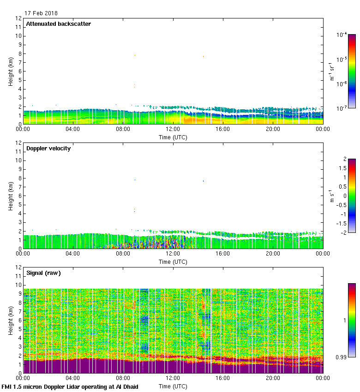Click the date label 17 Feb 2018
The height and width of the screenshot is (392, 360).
click(41, 13)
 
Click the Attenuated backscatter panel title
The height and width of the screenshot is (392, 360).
click(59, 24)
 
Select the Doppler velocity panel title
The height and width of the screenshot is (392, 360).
click(48, 148)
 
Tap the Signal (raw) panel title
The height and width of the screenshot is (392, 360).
click(43, 273)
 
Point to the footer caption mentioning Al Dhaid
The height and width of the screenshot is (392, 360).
click(70, 386)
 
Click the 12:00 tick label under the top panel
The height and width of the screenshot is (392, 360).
click(173, 129)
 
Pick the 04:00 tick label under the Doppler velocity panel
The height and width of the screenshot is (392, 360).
click(73, 254)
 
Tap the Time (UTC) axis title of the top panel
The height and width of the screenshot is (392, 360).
click(173, 137)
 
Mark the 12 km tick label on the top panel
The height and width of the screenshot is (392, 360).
click(18, 18)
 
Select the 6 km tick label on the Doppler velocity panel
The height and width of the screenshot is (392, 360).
click(20, 196)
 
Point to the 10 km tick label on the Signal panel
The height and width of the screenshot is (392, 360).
click(18, 285)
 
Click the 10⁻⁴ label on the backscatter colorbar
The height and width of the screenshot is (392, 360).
click(342, 35)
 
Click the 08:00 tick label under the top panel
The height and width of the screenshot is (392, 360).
click(123, 129)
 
